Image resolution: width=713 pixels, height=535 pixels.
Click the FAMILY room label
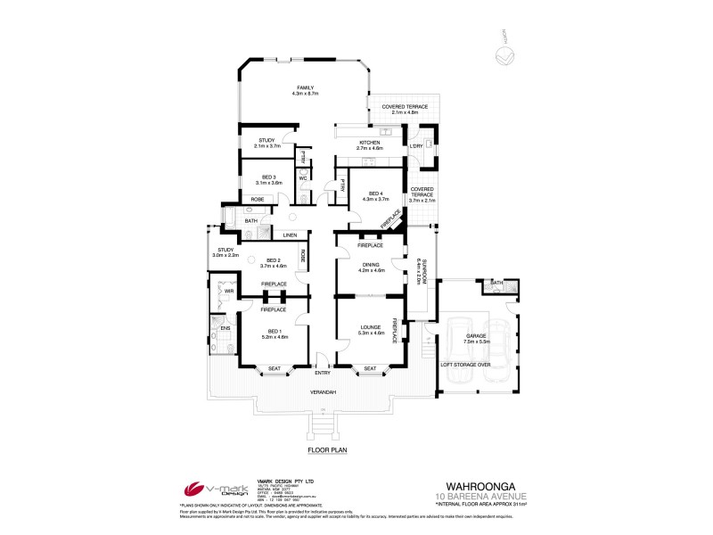pos(305,87)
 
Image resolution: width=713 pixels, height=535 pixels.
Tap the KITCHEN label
pos(369,143)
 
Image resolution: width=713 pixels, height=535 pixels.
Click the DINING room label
pos(372,264)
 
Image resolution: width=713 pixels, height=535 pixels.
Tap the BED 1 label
pos(274,331)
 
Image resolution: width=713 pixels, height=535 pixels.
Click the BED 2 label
pos(273,260)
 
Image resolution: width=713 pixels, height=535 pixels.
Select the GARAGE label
pos(477,337)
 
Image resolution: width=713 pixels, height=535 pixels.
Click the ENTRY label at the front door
pos(322,372)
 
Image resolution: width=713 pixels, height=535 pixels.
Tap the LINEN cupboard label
pos(290,235)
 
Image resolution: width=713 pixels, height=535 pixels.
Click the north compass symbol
pos(504,56)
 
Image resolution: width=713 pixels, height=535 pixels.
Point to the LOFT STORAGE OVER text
pos(466,364)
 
